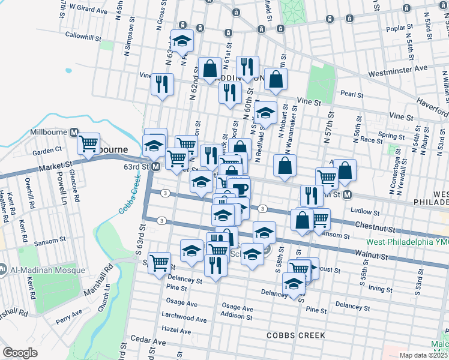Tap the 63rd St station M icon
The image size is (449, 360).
155,167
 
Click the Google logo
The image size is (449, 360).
20,353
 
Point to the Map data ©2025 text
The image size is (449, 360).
423,355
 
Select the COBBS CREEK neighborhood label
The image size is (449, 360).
297,335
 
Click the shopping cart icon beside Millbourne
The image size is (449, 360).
89,143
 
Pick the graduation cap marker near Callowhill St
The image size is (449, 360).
182,41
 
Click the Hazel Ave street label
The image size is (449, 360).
176,330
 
